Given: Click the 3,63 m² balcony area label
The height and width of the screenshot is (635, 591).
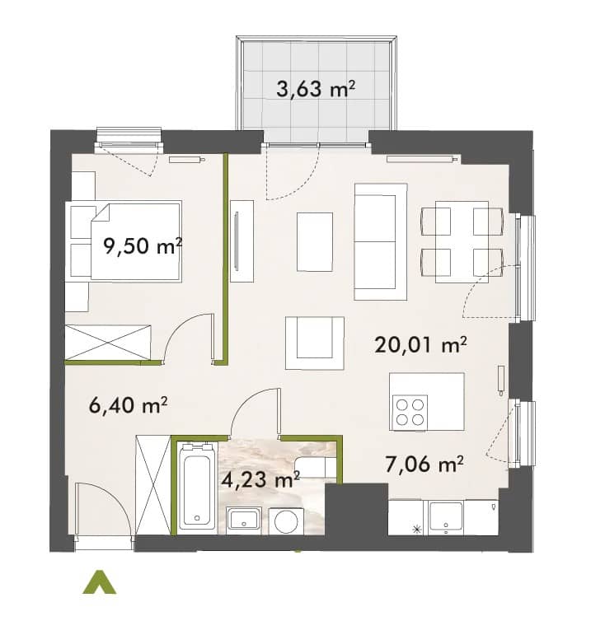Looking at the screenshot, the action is coord(316,89).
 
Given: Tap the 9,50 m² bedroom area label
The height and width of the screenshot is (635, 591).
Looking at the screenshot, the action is coord(143,245).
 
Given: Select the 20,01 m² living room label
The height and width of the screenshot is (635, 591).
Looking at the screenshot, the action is coord(421,344).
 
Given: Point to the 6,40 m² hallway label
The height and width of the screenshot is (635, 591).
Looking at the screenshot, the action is coord(128,405).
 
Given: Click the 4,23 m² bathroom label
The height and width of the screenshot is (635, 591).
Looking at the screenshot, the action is coord(260,479).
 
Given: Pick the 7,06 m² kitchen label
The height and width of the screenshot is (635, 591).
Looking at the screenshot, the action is coord(424,464).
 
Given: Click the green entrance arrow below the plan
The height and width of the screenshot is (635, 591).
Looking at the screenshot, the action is coord(99,582).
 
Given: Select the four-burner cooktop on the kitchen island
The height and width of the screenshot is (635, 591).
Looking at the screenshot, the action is coord(410,413).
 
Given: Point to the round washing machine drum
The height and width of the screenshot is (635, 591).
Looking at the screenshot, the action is coord(285,521).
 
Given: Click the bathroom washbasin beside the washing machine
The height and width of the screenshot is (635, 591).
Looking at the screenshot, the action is coord(243,520).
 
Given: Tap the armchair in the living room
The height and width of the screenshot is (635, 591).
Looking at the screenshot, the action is coord(315,343).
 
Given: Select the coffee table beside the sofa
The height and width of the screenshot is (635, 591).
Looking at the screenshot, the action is coord(315,242).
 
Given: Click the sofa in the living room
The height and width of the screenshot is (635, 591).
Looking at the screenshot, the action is coord(380,242).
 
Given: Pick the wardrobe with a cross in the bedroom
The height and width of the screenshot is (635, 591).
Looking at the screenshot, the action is coord(108,342).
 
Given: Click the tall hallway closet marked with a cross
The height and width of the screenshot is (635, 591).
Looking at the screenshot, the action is coord(153,485).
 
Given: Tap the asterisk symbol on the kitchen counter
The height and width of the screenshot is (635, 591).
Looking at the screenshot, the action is coord(416,529).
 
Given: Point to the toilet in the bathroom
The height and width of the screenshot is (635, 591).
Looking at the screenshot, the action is coord(315,467).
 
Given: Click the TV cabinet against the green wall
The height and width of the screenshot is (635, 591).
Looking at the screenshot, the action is coord(242,241).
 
